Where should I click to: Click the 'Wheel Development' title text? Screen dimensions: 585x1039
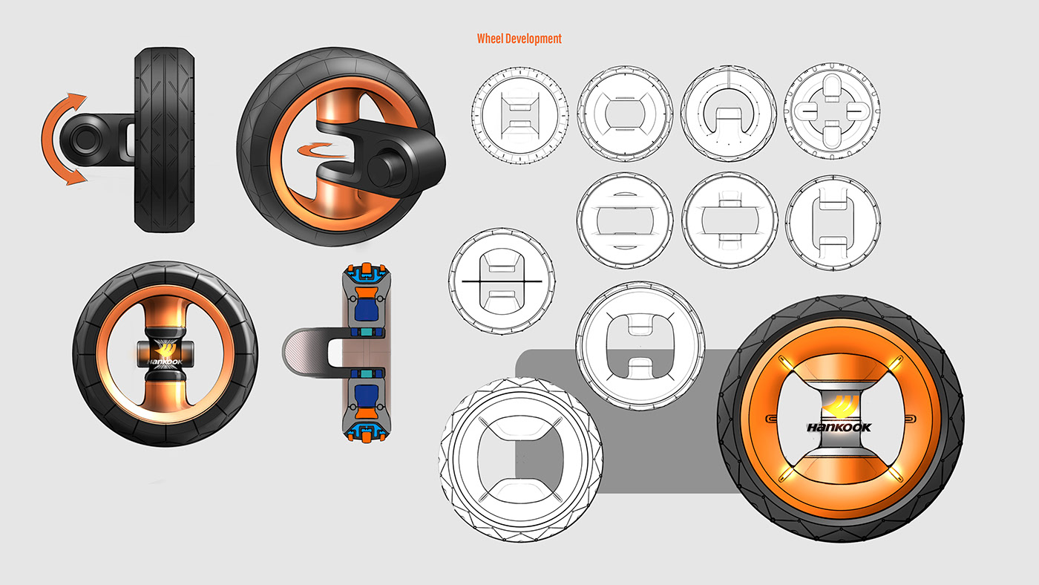(x=519, y=39)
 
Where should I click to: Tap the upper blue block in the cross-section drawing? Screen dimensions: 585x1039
(x=364, y=304)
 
